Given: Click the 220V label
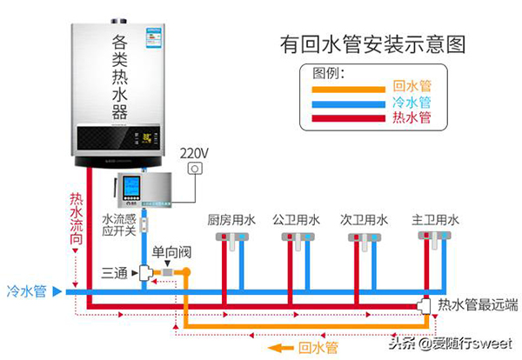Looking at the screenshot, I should (x=194, y=152).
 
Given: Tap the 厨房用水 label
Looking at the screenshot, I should (x=231, y=220).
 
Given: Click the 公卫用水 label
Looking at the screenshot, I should (x=296, y=220).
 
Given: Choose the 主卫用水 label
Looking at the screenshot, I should (x=435, y=220).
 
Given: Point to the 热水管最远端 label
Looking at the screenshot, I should (x=478, y=304).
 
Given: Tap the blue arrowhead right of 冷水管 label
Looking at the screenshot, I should (x=57, y=292).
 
